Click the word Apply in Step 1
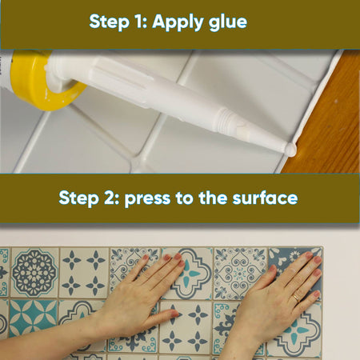pos(178,22)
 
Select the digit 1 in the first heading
pos(139,21)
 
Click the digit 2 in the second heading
pos(110,198)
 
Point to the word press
pos(147,199)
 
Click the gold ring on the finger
pos(296,298)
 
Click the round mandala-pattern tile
pos(34,273)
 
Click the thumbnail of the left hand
pos(174,314)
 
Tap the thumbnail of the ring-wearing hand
pos(272,269)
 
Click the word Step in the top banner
pos(110,22)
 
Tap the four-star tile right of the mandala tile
pos(84,273)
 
